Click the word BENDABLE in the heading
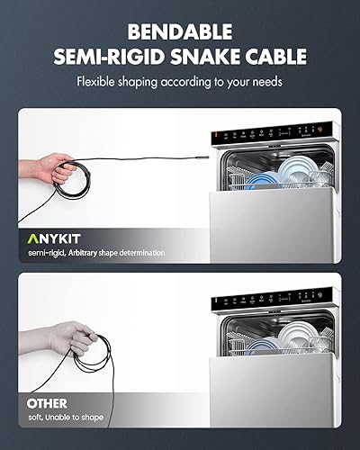[180, 32]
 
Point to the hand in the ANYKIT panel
[58, 165]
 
